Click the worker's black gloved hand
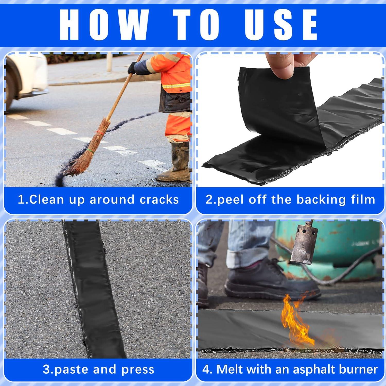coord(132,68)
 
